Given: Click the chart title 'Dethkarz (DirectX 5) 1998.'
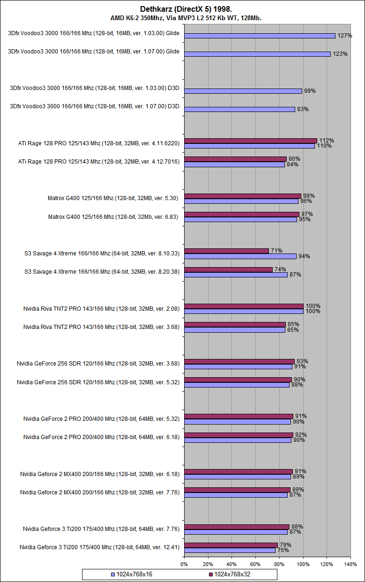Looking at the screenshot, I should tap(183, 9).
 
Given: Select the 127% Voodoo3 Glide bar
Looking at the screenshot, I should tap(260, 36).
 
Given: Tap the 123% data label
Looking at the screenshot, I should tap(340, 54).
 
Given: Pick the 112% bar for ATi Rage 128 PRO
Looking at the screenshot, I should tap(251, 141).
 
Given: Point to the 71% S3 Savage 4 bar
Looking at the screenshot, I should tap(226, 251).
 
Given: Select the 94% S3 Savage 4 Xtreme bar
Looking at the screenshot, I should tap(240, 256).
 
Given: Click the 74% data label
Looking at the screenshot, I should tap(280, 269).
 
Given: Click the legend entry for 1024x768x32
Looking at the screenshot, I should tap(230, 574).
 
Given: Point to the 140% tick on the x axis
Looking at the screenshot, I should tap(350, 564).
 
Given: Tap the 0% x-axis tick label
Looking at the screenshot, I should tap(184, 564).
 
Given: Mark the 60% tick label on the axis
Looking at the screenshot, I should tap(255, 564).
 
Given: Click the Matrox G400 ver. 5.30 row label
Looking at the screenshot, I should tap(112, 198).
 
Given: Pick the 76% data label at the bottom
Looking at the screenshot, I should tap(283, 550).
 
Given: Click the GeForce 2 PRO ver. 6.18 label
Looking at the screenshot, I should tap(101, 437).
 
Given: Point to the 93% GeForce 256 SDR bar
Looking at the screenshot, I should tap(239, 361).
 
